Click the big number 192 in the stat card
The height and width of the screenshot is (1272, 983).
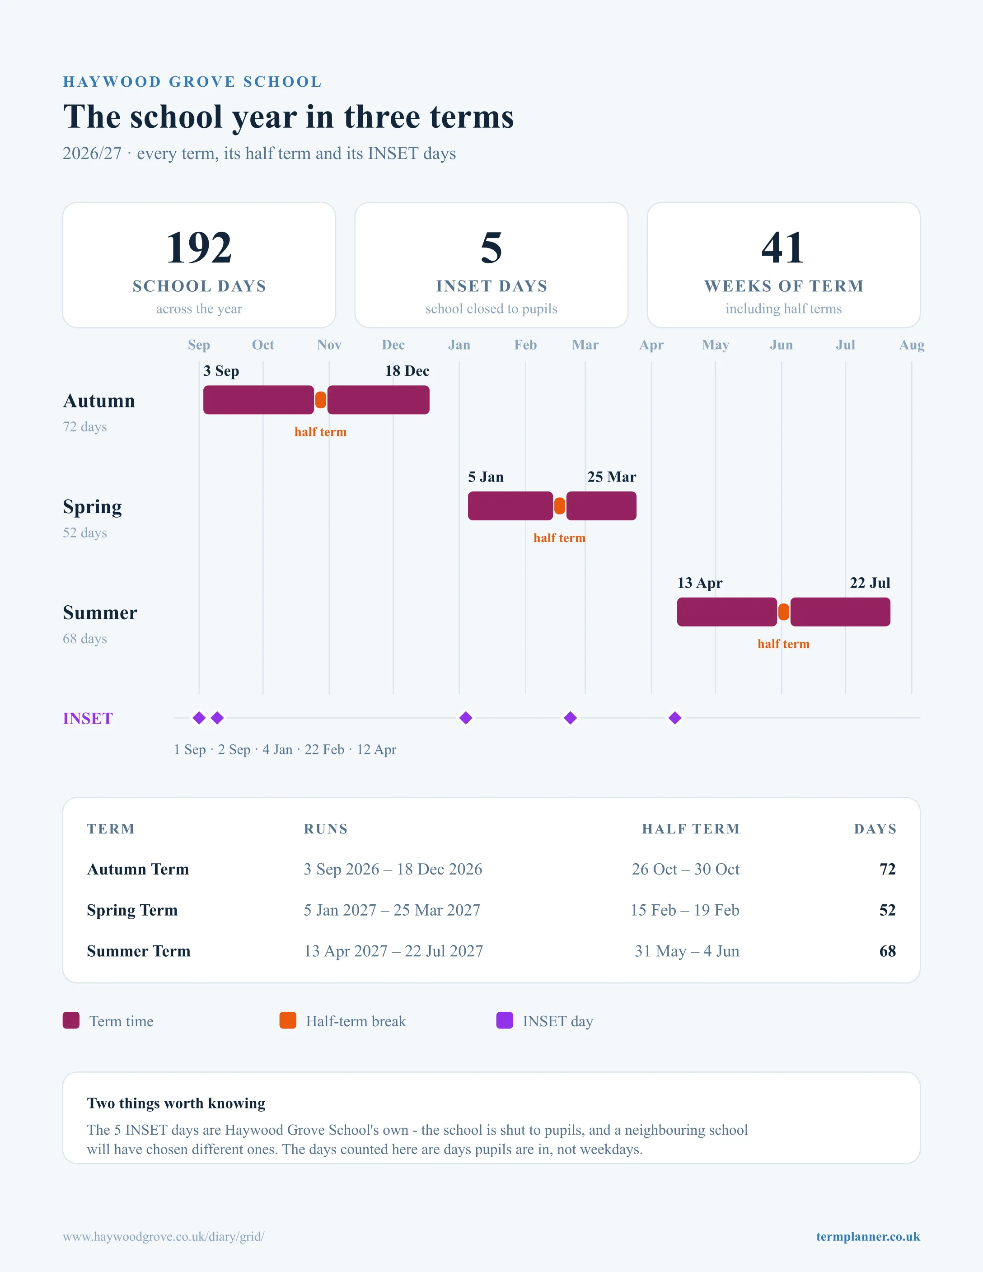pos(199,248)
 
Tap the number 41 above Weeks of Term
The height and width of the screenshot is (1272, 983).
pos(783,248)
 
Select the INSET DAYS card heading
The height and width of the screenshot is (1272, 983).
pos(491,286)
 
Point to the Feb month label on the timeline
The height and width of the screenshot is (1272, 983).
pos(525,345)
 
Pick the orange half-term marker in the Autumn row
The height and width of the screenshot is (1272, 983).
pos(320,400)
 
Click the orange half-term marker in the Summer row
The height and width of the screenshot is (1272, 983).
pos(784,612)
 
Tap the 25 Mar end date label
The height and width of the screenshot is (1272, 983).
pos(612,477)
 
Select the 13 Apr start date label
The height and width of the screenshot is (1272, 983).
pos(699,583)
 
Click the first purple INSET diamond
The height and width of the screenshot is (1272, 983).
pos(199,718)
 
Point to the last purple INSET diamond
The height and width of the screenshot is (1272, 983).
pos(675,718)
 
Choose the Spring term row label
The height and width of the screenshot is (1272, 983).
pos(93,507)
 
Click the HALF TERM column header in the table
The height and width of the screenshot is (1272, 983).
pos(691,829)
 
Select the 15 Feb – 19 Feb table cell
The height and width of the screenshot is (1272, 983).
pos(685,910)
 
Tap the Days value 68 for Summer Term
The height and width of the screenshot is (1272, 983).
pos(888,951)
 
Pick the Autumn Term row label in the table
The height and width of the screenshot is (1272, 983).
pos(138,869)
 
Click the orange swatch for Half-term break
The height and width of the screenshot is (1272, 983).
pos(288,1020)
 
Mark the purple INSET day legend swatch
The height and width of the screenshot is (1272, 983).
pos(504,1020)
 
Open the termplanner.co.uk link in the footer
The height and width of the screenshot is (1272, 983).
pos(868,1236)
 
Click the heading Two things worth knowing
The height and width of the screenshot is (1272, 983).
pos(176,1103)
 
